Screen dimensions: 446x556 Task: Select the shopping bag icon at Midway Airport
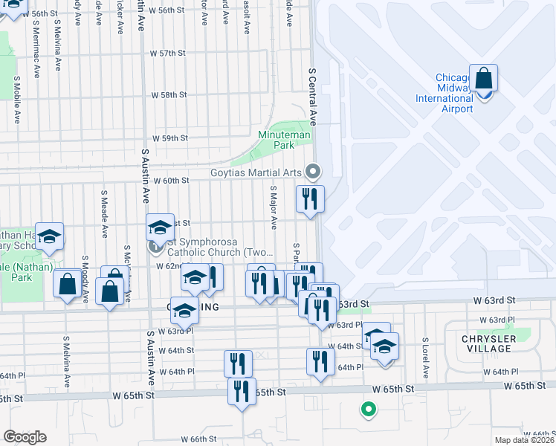click(x=483, y=79)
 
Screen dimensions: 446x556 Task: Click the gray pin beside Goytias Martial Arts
click(x=313, y=172)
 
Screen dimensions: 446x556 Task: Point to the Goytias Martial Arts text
click(x=254, y=173)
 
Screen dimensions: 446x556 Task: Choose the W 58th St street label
click(x=169, y=96)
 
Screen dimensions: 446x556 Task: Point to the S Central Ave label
click(x=313, y=97)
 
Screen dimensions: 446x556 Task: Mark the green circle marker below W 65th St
click(x=366, y=409)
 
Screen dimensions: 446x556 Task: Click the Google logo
click(x=24, y=437)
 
